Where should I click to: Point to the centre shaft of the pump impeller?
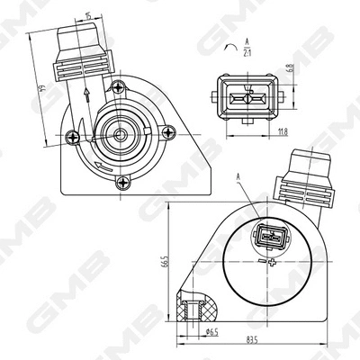(119, 135)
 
